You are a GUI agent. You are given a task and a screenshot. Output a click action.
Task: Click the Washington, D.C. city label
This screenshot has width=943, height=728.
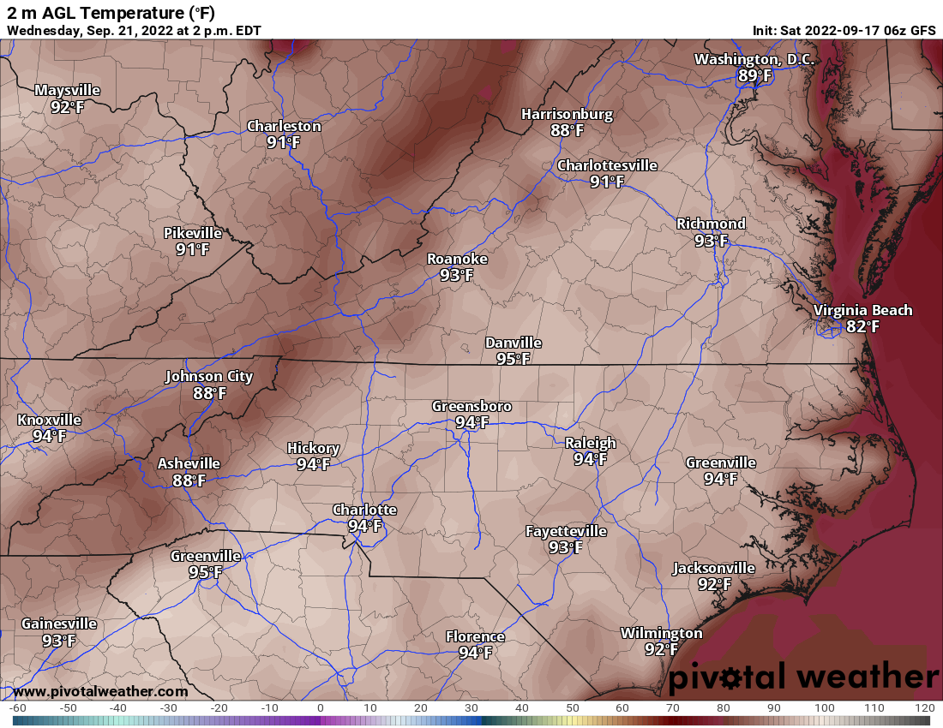coord(754,60)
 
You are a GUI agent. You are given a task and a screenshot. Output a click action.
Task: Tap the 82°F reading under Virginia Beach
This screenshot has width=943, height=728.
coord(862,326)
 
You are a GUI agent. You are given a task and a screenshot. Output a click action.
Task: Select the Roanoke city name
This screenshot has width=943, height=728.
coord(457,259)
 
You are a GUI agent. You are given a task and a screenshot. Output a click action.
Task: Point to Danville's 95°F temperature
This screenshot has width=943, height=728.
coord(513,359)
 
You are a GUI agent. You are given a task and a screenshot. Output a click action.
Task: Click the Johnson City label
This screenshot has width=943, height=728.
coord(209,376)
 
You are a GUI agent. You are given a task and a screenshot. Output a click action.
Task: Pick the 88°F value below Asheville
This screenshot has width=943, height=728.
coord(189,480)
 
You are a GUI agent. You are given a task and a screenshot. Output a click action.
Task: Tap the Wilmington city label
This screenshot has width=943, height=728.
coord(661,633)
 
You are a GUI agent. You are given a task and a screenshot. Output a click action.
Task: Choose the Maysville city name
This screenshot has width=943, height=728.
coord(68,90)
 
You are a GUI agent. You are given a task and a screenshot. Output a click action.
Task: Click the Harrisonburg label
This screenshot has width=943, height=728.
coord(567,114)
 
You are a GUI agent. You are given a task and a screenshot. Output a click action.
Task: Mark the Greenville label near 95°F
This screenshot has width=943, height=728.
coord(206,555)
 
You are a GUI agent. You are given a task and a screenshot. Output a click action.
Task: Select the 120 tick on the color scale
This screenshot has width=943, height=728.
coord(924,708)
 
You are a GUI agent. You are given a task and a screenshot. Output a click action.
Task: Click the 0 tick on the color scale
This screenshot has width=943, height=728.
coord(320,708)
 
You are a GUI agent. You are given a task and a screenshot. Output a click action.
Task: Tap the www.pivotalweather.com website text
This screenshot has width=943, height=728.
coord(100,691)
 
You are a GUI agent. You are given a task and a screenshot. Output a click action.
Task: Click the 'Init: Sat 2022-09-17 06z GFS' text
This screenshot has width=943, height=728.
coord(844,30)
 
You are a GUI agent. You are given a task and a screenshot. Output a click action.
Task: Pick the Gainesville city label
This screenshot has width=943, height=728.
coord(59,624)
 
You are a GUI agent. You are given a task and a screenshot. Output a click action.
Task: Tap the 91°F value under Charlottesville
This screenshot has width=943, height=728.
coord(607,182)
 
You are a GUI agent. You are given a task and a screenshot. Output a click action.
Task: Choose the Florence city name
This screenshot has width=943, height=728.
coord(475,636)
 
